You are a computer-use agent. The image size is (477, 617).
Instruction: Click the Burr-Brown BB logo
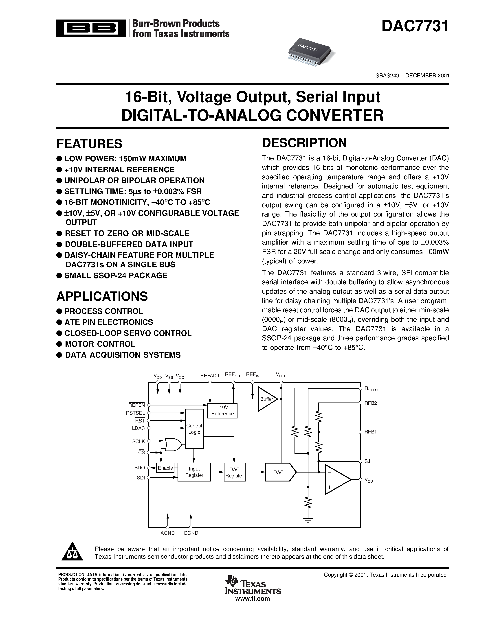[91, 28]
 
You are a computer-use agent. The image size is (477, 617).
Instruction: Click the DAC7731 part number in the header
[415, 26]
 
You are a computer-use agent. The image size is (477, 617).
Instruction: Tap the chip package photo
[311, 52]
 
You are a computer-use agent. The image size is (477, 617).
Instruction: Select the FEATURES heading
[89, 144]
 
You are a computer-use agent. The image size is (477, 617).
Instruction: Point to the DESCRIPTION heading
[304, 143]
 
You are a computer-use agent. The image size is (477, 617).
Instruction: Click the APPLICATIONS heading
[102, 296]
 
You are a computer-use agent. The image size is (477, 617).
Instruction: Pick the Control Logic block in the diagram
[194, 429]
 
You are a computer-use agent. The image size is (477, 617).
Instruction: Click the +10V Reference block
[222, 411]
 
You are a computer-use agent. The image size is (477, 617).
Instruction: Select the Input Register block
[194, 472]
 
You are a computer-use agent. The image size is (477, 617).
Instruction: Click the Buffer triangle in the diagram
[266, 399]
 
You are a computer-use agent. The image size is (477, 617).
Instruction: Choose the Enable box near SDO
[165, 468]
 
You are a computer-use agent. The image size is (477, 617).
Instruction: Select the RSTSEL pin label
[135, 413]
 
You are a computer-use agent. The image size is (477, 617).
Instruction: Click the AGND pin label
[168, 533]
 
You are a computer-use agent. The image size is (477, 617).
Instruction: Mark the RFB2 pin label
[370, 403]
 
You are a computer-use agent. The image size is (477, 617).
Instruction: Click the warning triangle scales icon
[72, 552]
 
